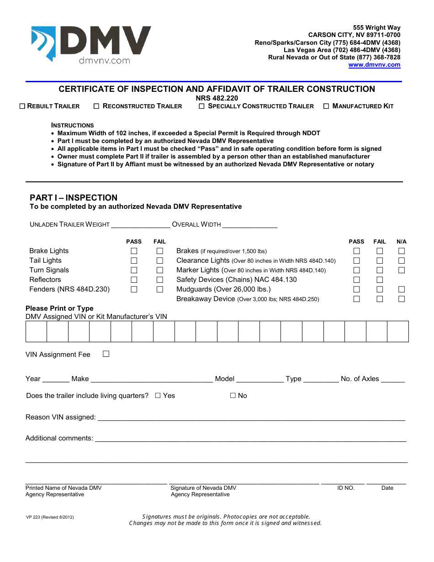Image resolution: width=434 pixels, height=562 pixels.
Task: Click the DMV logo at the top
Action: click(x=91, y=44)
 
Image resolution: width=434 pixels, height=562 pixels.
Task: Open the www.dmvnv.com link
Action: click(x=374, y=65)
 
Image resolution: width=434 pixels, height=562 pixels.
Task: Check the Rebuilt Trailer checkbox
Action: click(x=22, y=106)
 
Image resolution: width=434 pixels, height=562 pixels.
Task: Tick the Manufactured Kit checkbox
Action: click(x=326, y=106)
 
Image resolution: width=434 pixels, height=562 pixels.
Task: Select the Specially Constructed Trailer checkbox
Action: click(x=201, y=106)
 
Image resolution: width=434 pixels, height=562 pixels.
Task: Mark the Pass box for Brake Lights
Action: click(x=134, y=251)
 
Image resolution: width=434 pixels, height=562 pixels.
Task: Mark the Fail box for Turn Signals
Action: click(x=160, y=270)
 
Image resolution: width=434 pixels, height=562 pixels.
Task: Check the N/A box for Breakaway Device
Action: click(x=402, y=299)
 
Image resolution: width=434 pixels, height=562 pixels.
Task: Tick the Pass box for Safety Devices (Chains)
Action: click(x=356, y=280)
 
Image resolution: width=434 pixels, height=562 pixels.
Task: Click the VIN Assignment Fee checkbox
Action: click(x=106, y=354)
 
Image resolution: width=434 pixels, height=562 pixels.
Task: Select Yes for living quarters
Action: click(x=158, y=396)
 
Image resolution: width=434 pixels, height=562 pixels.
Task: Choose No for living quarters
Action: click(x=233, y=396)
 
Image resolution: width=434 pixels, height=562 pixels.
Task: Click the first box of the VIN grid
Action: click(x=36, y=331)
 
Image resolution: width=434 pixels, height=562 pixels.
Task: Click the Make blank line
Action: click(x=152, y=378)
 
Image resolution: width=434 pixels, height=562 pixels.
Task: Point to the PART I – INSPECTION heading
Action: click(x=74, y=198)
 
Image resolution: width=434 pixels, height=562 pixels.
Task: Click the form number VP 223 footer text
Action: click(x=50, y=517)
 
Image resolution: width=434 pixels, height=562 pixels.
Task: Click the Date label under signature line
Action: click(x=387, y=488)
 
